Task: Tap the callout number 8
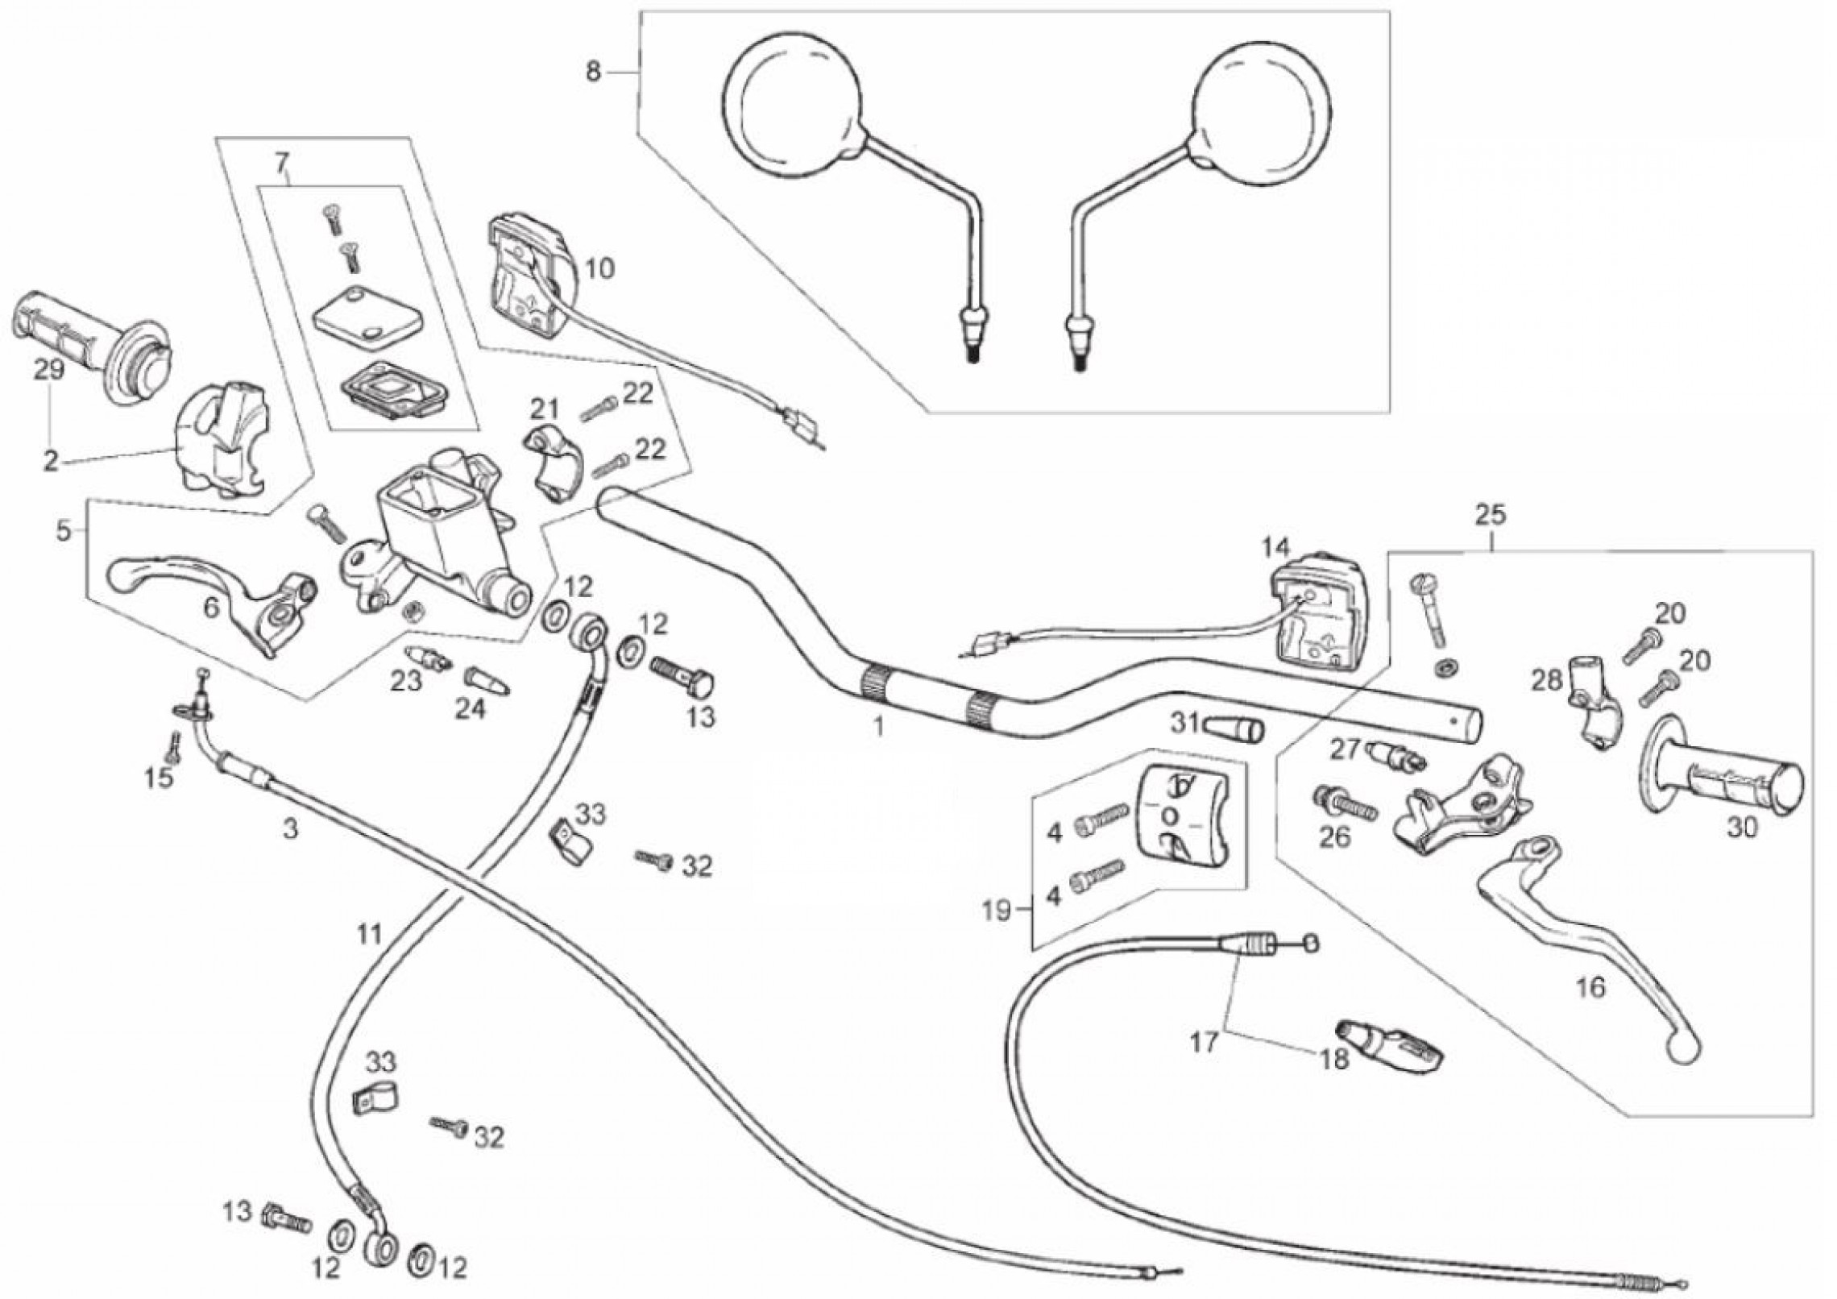point(593,73)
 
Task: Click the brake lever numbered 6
point(214,593)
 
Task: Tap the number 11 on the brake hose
point(369,936)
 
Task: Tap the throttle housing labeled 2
point(222,440)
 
